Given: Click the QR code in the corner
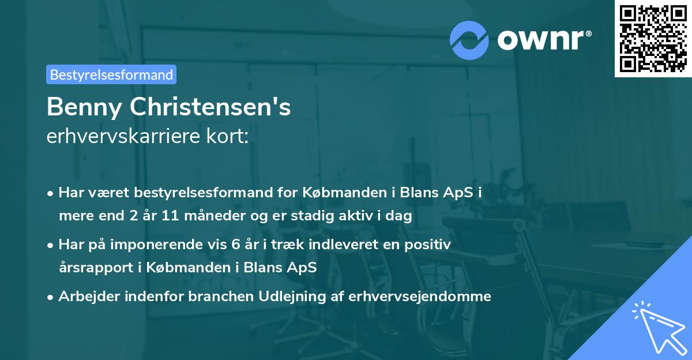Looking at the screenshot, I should coord(652,38).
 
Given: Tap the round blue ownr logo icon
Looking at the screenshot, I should coord(469,39).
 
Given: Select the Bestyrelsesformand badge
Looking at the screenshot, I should coord(111,74).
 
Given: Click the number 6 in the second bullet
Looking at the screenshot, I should coord(235,245).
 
